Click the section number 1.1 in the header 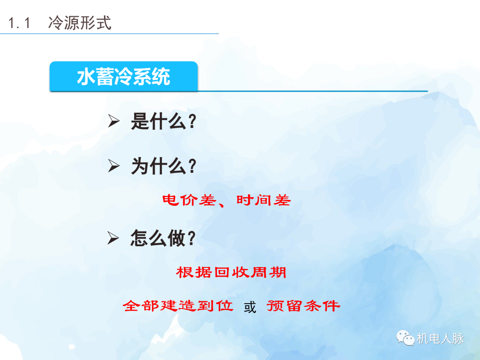(20, 23)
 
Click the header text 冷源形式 (80, 23)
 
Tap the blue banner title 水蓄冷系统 (124, 77)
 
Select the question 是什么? (164, 121)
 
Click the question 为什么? (164, 167)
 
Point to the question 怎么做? (164, 239)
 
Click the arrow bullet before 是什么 (114, 121)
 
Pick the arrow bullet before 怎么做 (114, 239)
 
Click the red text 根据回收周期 (231, 272)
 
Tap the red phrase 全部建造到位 (178, 306)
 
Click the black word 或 (250, 307)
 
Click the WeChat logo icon (405, 339)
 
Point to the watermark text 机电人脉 (440, 339)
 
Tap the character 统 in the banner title (161, 77)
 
